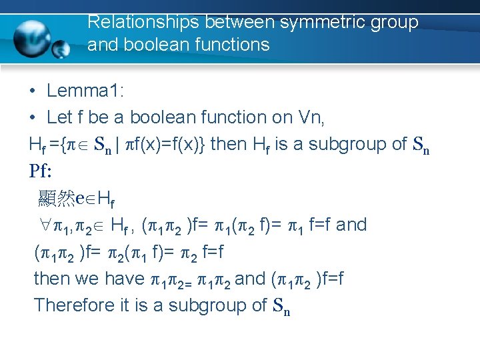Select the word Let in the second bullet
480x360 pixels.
tap(59, 117)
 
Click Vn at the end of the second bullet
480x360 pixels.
tap(311, 117)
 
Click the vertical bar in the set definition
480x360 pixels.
tap(117, 144)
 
